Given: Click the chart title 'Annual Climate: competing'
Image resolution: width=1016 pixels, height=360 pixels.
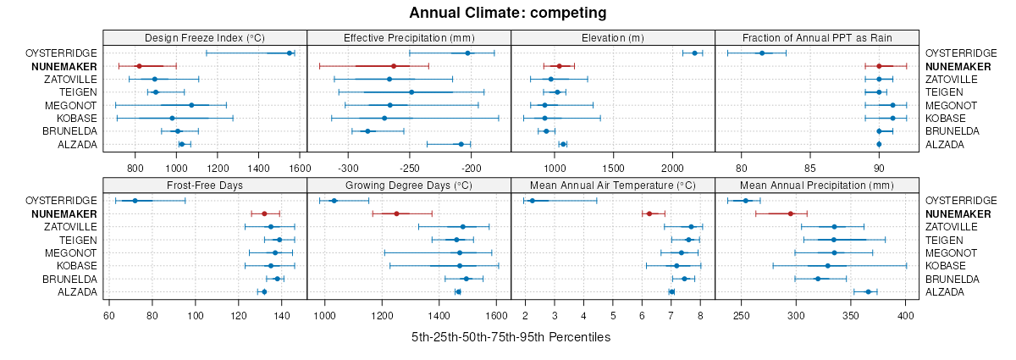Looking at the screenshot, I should click(x=508, y=13).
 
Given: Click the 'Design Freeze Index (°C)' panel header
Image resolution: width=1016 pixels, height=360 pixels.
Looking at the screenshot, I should click(x=205, y=38).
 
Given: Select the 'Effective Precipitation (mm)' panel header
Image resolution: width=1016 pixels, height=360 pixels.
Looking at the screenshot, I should click(x=409, y=38).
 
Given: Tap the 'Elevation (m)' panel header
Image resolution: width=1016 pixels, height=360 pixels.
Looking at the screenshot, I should click(x=613, y=38).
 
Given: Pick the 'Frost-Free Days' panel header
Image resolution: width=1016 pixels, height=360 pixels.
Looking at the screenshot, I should click(x=205, y=186).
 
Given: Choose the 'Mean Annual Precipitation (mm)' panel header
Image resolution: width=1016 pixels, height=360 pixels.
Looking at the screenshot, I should click(x=817, y=186).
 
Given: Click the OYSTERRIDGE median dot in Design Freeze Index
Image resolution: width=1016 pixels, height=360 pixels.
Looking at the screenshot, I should click(x=290, y=53).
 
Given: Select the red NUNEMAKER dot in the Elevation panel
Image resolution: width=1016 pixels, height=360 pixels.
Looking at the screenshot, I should click(x=559, y=66).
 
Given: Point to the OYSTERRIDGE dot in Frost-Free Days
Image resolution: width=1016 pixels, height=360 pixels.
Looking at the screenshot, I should click(x=135, y=201).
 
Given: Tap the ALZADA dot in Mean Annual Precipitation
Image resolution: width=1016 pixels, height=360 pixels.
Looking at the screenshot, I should click(x=869, y=292).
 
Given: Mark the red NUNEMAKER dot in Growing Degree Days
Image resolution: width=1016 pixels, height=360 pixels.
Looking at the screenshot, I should click(x=396, y=213).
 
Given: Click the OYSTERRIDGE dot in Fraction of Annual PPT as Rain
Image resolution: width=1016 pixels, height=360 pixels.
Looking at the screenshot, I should click(x=761, y=53).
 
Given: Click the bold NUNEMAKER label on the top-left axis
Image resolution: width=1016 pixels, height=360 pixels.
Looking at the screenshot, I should click(x=64, y=66).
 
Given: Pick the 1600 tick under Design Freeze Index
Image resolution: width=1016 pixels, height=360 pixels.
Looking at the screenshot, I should click(x=300, y=167).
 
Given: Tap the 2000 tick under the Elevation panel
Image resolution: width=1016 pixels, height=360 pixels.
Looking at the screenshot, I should click(x=672, y=167).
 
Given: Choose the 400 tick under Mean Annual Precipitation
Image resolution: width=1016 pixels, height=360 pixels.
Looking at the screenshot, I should click(x=906, y=314).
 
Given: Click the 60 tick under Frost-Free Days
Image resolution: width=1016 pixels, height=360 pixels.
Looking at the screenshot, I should click(x=108, y=314).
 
